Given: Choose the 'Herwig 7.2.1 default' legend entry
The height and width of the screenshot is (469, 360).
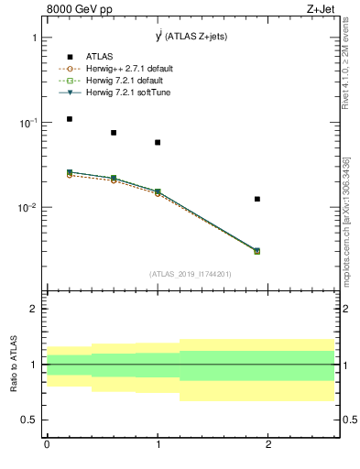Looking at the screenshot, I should point(125,80).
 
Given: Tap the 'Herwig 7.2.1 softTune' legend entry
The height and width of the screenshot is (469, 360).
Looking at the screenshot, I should point(126,92).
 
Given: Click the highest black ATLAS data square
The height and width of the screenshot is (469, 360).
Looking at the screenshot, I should point(69,119).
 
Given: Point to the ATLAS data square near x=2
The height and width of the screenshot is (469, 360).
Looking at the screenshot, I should point(257,199).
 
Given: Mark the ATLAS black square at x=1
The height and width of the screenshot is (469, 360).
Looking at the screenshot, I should point(158,142).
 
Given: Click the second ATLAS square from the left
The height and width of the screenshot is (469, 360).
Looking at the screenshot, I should point(114,133).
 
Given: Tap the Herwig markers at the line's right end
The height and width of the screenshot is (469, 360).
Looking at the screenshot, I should point(257,250).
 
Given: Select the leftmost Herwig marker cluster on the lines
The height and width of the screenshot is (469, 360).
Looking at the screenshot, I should point(69,173).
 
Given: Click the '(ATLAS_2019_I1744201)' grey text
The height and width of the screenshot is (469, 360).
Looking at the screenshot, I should point(191,274).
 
